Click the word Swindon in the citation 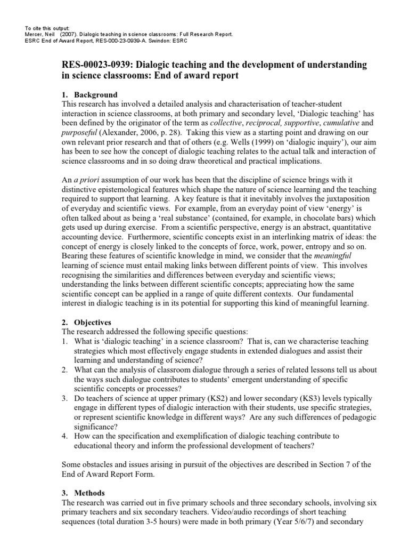tap(157, 41)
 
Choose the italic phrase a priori tap(86, 181)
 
